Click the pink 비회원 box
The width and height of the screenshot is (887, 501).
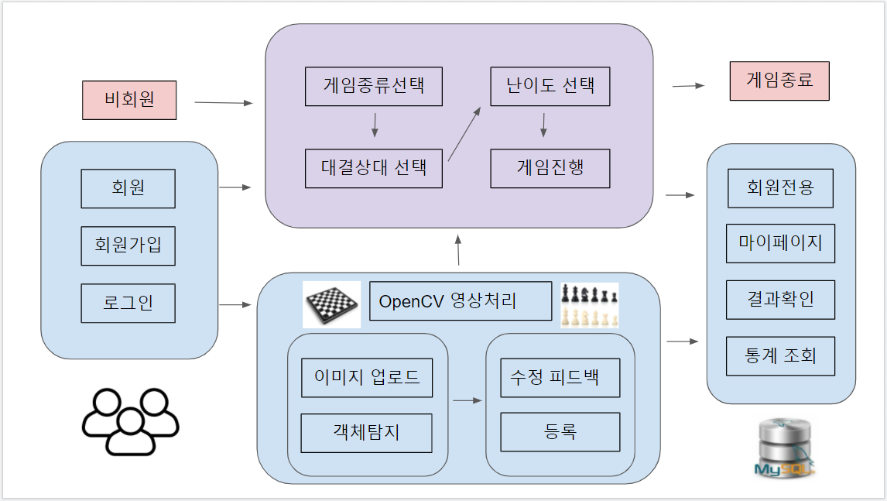tap(129, 101)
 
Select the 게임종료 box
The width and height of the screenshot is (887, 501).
tap(779, 81)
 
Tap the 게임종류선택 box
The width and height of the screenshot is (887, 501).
tap(374, 87)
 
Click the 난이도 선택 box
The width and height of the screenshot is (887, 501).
tap(550, 87)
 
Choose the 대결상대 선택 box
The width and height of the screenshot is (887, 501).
tap(374, 168)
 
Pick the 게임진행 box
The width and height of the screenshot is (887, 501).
tap(550, 168)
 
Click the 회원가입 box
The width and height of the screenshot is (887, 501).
tap(128, 246)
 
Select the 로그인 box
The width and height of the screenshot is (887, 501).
tap(128, 303)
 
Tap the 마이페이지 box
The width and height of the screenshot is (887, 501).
tap(780, 243)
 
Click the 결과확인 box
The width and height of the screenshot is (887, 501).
tap(780, 300)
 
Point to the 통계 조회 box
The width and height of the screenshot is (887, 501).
tap(780, 356)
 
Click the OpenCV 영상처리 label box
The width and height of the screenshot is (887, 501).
tap(461, 301)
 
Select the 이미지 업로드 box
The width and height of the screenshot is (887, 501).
tap(367, 378)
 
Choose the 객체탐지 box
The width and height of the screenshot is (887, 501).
tap(367, 433)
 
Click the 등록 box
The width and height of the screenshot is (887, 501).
tap(560, 432)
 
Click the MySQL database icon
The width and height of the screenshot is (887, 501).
tap(783, 448)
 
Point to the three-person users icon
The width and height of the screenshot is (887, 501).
tap(131, 420)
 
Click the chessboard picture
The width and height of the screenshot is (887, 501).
tap(331, 304)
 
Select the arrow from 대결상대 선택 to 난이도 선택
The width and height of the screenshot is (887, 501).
tap(465, 134)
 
